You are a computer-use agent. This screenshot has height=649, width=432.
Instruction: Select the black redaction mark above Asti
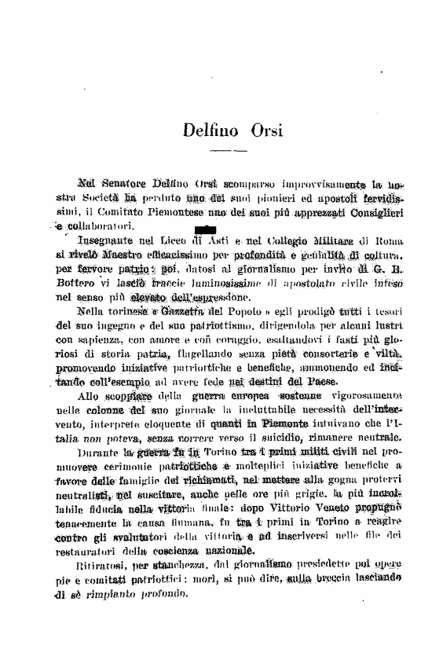point(203,229)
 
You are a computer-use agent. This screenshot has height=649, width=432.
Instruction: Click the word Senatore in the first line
point(131,185)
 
